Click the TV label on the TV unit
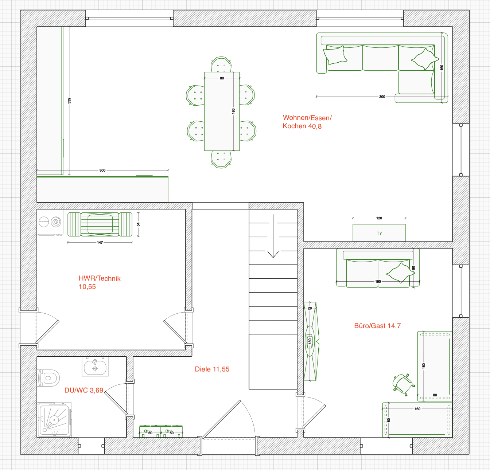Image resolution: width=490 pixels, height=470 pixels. [379, 233]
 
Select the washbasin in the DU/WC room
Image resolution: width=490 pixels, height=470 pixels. [95, 367]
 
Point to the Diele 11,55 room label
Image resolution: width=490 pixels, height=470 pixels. [212, 369]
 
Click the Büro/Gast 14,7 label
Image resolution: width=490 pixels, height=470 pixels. [377, 326]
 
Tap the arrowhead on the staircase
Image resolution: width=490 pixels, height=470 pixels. [273, 254]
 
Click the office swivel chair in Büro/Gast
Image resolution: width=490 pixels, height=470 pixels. [403, 385]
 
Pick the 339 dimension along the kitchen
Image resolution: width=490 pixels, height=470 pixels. [69, 101]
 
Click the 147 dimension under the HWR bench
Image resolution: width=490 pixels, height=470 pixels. [100, 242]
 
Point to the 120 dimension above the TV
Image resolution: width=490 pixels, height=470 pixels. [379, 218]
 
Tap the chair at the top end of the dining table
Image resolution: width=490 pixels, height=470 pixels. [221, 64]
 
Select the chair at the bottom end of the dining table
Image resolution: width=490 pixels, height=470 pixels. [221, 159]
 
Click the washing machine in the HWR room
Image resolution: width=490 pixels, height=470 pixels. [50, 222]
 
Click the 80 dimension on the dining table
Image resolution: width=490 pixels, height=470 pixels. [222, 78]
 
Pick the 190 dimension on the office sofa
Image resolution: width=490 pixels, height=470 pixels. [378, 282]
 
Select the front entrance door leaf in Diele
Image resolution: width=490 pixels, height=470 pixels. [221, 419]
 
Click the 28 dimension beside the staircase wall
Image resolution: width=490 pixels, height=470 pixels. [310, 308]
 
